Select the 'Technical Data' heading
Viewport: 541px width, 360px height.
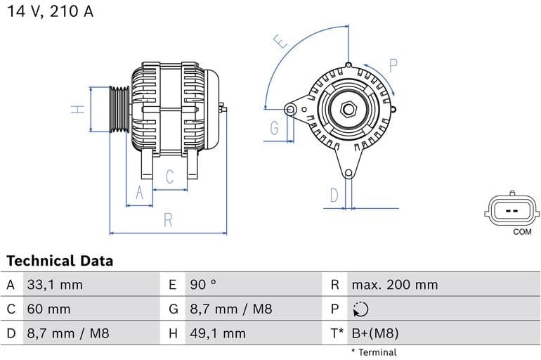tap(60, 261)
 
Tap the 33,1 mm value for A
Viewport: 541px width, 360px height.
tap(54, 285)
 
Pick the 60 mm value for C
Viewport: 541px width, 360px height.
tap(48, 309)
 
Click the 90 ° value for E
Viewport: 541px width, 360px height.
tap(203, 285)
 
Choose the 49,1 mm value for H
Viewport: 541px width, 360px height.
tap(217, 333)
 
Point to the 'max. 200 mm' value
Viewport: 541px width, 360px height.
tap(394, 285)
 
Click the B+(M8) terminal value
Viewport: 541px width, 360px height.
tap(374, 333)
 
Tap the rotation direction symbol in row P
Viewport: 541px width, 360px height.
tap(359, 309)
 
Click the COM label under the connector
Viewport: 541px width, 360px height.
tap(522, 231)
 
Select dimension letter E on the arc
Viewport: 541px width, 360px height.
tap(281, 41)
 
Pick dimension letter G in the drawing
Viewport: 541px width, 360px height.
tap(274, 128)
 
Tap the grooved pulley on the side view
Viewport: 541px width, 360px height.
tap(119, 109)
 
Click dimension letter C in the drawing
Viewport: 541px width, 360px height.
tap(169, 177)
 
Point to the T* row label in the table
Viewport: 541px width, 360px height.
tap(337, 333)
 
